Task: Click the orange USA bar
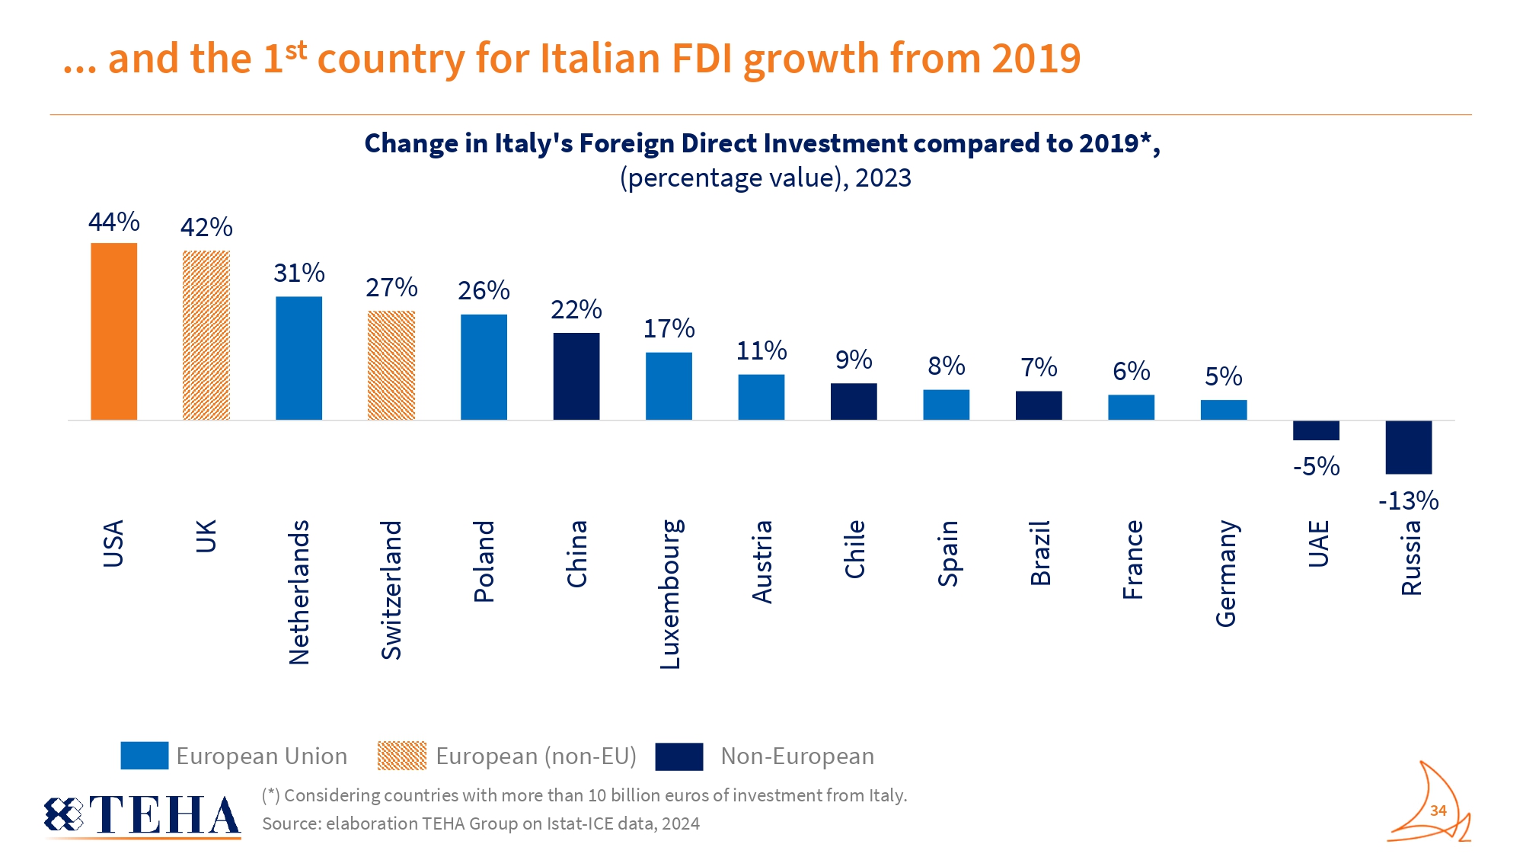[x=113, y=331]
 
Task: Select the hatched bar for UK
[x=206, y=335]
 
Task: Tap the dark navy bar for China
[x=576, y=376]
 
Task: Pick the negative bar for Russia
[x=1408, y=447]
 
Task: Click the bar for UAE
[x=1315, y=430]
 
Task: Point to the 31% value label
[x=299, y=273]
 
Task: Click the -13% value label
[x=1408, y=500]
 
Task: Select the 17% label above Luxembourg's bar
[x=669, y=328]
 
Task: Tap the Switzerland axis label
[x=391, y=590]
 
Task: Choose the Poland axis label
[x=484, y=561]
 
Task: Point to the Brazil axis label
[x=1039, y=553]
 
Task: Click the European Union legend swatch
[x=144, y=756]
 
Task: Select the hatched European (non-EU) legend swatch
[x=401, y=756]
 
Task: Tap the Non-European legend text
[x=797, y=756]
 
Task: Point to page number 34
[x=1438, y=811]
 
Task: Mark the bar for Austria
[x=761, y=397]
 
